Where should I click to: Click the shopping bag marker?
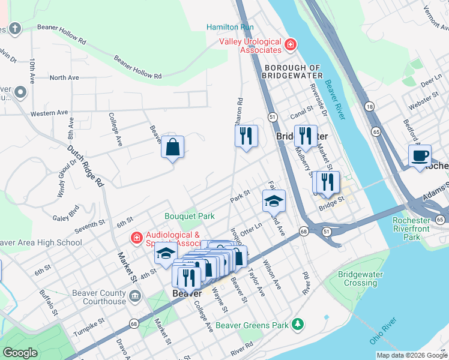pyautogui.click(x=172, y=147)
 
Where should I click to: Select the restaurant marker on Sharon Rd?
pyautogui.click(x=246, y=136)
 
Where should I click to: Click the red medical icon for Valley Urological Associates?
pyautogui.click(x=290, y=44)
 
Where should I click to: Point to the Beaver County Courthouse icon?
pyautogui.click(x=134, y=296)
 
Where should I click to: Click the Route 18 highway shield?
pyautogui.click(x=369, y=106)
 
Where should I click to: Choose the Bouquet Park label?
pyautogui.click(x=190, y=215)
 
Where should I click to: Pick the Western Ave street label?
pyautogui.click(x=49, y=113)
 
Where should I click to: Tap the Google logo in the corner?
pyautogui.click(x=20, y=353)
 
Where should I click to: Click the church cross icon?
pyautogui.click(x=14, y=28)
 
